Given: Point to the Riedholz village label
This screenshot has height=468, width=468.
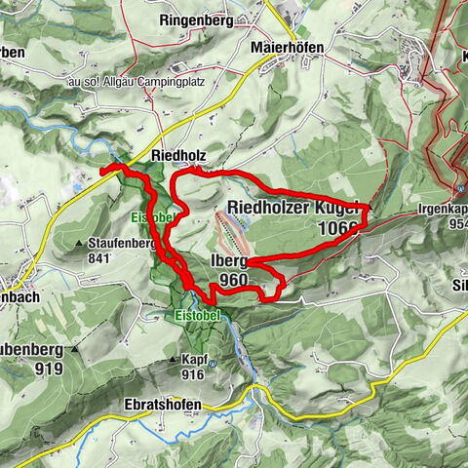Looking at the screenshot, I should (176, 155).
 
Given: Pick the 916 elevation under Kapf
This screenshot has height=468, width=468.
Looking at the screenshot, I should (191, 374).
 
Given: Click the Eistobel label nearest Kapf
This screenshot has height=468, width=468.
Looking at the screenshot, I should (199, 316).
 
